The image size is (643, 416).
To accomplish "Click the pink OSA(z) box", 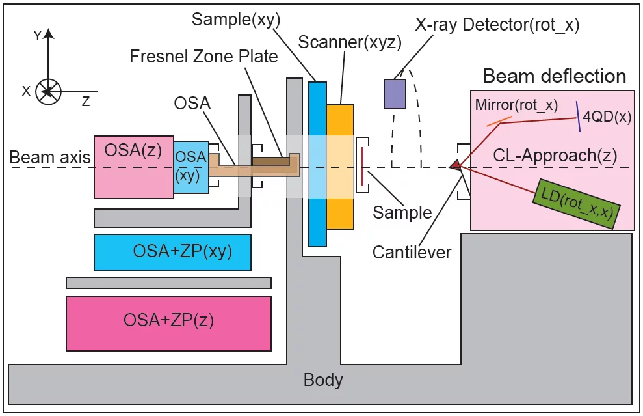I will (133, 167).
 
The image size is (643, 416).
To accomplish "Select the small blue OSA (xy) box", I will (191, 167).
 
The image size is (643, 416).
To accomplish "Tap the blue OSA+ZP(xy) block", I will (172, 253).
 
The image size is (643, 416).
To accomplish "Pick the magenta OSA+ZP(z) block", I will (168, 323).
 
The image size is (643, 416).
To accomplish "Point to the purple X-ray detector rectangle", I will (395, 93).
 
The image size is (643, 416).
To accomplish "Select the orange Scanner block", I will (340, 167).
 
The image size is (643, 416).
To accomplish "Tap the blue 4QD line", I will (577, 116).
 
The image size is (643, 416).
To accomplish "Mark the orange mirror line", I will (498, 120).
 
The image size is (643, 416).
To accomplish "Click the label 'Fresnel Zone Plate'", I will (203, 56).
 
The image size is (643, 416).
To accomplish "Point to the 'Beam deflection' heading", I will (554, 76).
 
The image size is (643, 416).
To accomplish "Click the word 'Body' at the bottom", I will (323, 380).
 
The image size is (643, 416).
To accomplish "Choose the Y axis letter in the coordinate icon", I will (38, 36).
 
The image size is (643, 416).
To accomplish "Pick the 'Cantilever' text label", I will (412, 252).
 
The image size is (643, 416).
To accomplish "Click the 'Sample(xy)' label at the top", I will (236, 20).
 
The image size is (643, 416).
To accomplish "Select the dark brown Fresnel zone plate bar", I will (271, 160).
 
